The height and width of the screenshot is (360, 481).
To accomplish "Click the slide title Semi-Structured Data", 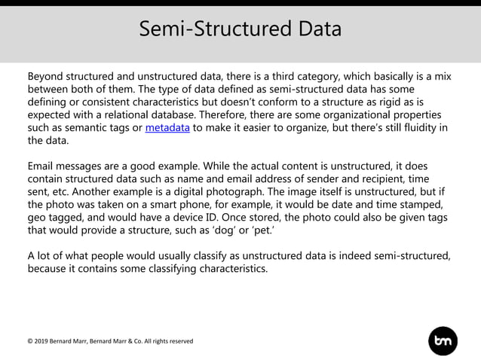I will click(240, 29).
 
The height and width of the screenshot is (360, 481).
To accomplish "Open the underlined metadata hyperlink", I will click(167, 127).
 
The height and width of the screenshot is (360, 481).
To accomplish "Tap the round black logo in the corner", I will click(443, 340).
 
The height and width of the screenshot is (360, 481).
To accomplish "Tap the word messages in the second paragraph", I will click(83, 166).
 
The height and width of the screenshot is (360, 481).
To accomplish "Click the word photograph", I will click(244, 191).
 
